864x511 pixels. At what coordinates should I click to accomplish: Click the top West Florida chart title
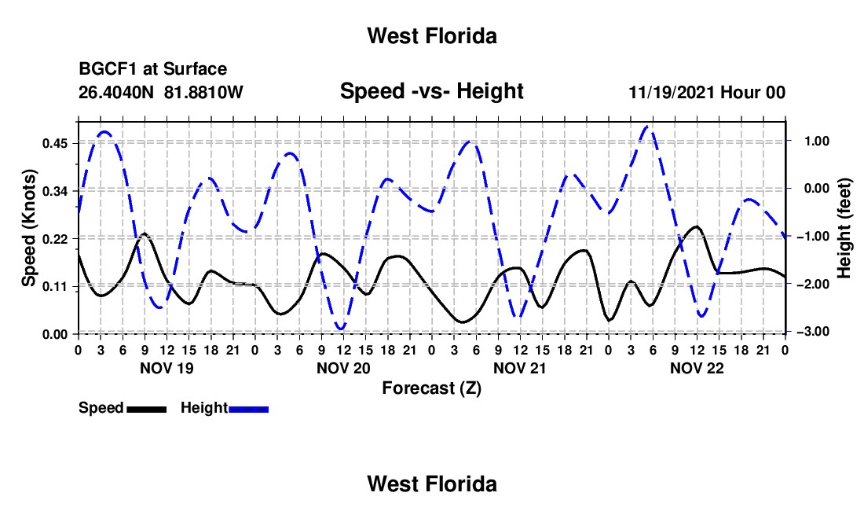click(x=432, y=36)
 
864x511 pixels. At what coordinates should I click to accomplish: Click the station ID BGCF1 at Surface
click(x=152, y=69)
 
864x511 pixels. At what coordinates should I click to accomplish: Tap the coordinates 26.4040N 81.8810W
click(x=160, y=92)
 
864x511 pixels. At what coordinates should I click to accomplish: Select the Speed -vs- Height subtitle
click(x=431, y=91)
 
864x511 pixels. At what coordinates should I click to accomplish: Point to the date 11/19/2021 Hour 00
click(x=707, y=92)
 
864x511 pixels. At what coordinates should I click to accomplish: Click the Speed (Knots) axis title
click(x=28, y=228)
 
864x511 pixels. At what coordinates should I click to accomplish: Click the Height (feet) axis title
click(x=844, y=228)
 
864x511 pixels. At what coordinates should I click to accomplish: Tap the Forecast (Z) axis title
click(x=431, y=388)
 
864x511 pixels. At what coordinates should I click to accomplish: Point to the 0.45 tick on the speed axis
click(x=54, y=143)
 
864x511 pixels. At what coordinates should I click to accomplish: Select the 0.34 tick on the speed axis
click(x=54, y=191)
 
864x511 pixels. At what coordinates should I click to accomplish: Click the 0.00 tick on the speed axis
click(x=54, y=334)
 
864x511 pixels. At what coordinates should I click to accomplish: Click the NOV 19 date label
click(x=167, y=368)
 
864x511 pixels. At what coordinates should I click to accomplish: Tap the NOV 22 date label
click(x=697, y=368)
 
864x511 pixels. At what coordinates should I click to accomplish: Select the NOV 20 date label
click(x=343, y=368)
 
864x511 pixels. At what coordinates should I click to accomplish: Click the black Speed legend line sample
click(x=147, y=409)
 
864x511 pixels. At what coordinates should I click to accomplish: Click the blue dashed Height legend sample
click(x=248, y=409)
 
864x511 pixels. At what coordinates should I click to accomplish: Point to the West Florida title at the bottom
click(x=432, y=484)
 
